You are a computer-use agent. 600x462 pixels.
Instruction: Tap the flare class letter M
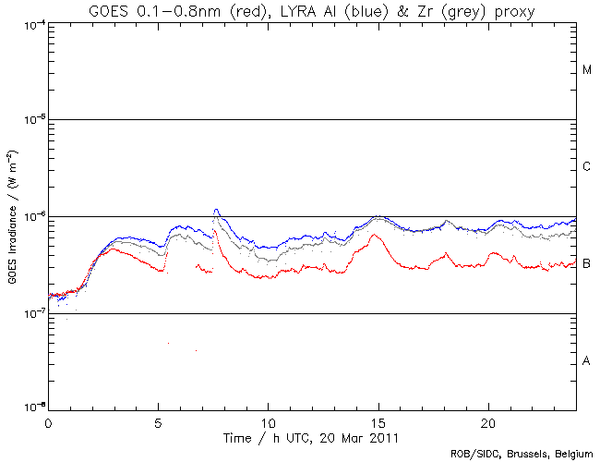click(x=587, y=70)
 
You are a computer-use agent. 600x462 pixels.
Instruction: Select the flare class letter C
click(x=587, y=167)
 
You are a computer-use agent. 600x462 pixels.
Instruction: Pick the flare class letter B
click(x=587, y=264)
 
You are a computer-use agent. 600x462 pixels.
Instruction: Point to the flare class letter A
click(x=587, y=361)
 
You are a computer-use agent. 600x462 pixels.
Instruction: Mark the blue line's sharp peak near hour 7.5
click(x=216, y=210)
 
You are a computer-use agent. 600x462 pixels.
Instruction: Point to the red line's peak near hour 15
click(x=374, y=235)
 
